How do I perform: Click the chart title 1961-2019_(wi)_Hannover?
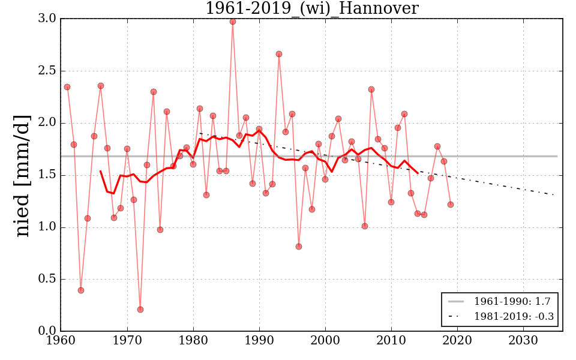(x=311, y=8)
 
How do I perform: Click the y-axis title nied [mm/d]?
(x=22, y=175)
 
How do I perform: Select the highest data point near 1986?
(x=233, y=22)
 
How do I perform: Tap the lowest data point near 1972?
(x=140, y=310)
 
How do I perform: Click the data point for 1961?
(x=67, y=87)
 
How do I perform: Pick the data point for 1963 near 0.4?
(x=81, y=290)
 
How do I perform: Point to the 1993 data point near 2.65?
(x=279, y=54)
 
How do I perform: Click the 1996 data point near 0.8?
(x=299, y=247)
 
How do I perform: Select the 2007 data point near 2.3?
(x=371, y=89)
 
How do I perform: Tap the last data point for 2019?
(x=451, y=205)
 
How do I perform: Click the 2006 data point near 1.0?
(x=365, y=226)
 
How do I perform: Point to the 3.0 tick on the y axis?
(x=46, y=19)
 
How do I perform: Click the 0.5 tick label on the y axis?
(x=46, y=280)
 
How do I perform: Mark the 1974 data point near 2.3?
(x=154, y=92)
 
